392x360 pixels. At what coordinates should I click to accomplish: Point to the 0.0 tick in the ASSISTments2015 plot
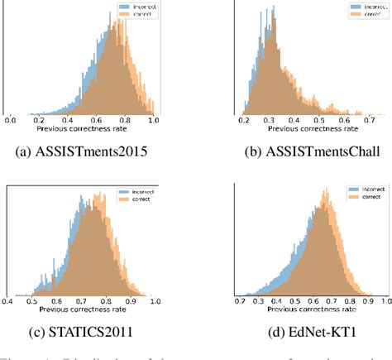[x=11, y=120]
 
